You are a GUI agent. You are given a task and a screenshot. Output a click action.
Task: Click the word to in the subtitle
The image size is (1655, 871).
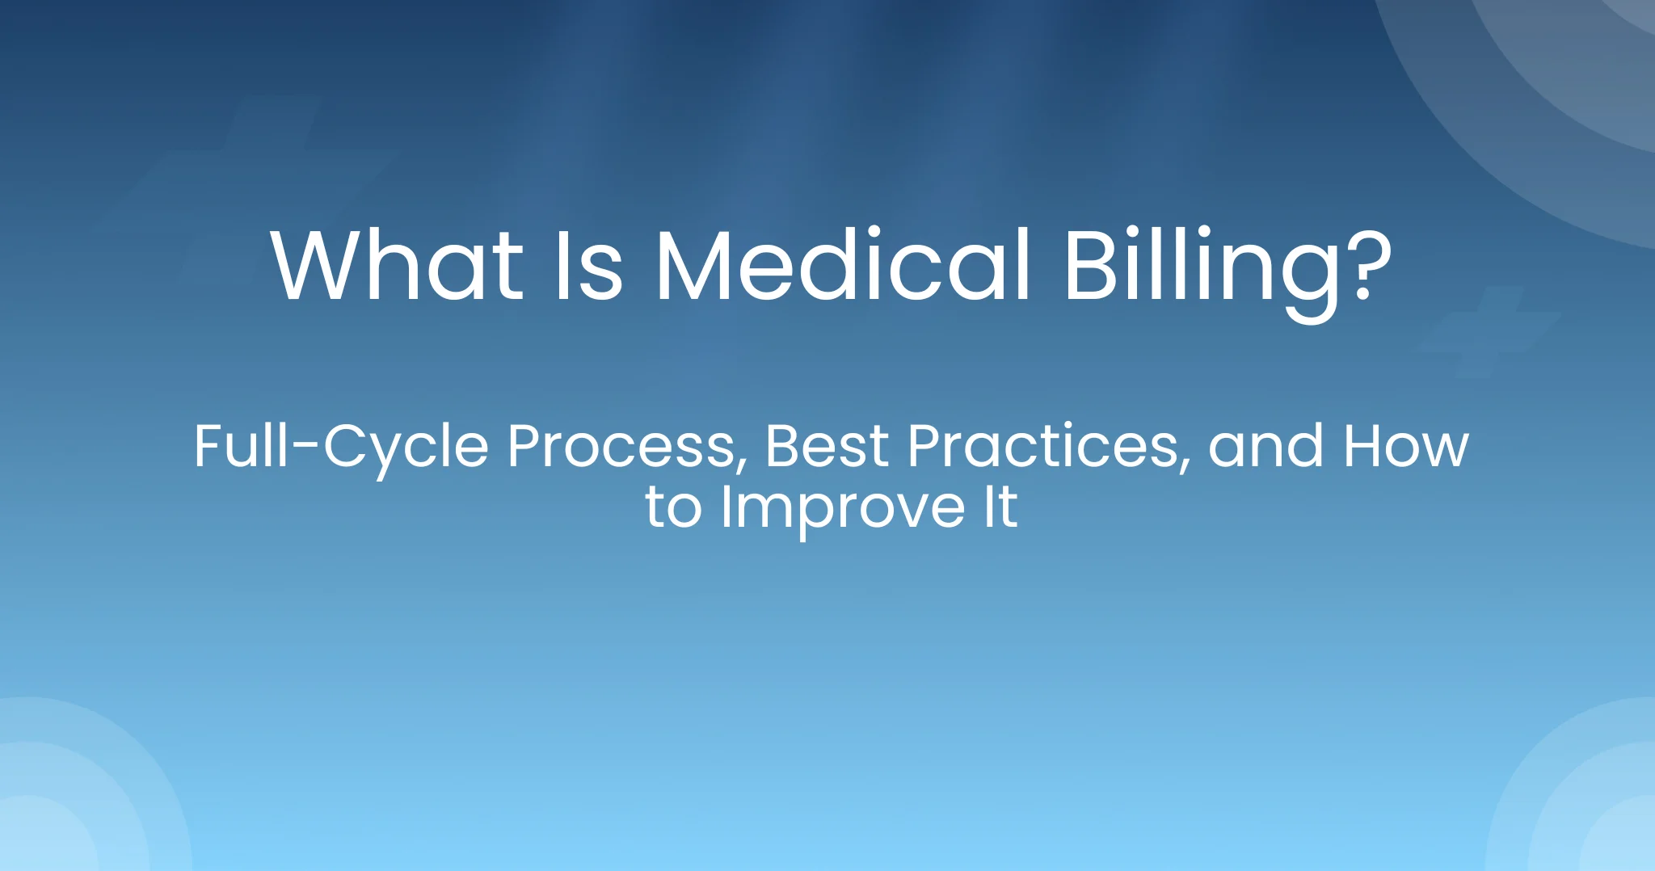[673, 508]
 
